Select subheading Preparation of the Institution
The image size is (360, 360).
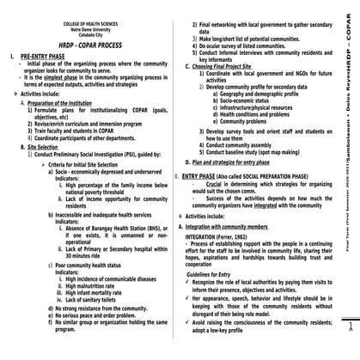click(65, 103)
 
